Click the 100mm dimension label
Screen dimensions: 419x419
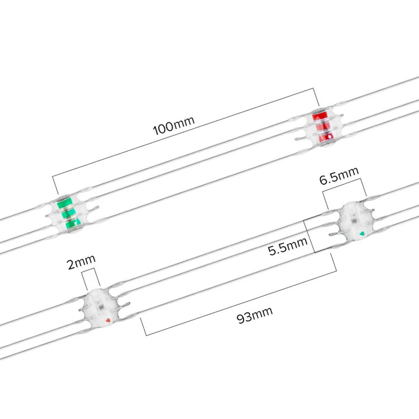click(x=174, y=125)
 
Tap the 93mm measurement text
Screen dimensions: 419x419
click(x=255, y=315)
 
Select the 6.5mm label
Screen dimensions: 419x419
click(x=339, y=175)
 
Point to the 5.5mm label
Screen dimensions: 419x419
click(x=288, y=246)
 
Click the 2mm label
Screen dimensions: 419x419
click(x=81, y=262)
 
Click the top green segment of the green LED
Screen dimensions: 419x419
click(x=65, y=203)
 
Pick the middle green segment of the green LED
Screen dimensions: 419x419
click(x=68, y=214)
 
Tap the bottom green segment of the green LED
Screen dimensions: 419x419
click(x=73, y=223)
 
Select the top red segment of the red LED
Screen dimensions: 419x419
click(x=320, y=117)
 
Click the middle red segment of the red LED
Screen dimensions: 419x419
click(x=323, y=127)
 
